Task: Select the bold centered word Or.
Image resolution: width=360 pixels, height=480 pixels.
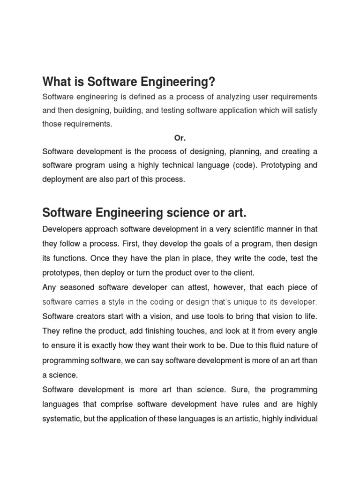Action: (x=180, y=138)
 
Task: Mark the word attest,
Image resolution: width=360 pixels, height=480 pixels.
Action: (x=230, y=287)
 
